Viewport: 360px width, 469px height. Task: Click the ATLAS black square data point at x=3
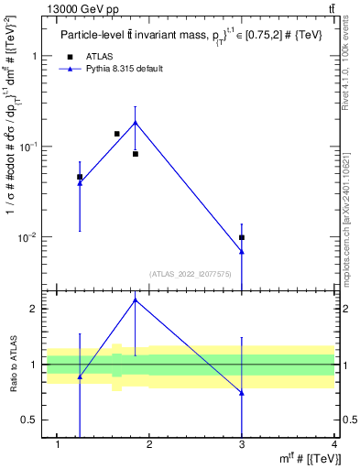coord(242,237)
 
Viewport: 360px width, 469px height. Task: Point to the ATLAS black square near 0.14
coord(116,134)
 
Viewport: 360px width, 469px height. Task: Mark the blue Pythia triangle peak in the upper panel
coord(136,122)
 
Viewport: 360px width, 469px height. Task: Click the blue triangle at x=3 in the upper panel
coord(242,252)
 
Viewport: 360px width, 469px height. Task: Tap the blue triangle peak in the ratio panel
coord(136,300)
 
